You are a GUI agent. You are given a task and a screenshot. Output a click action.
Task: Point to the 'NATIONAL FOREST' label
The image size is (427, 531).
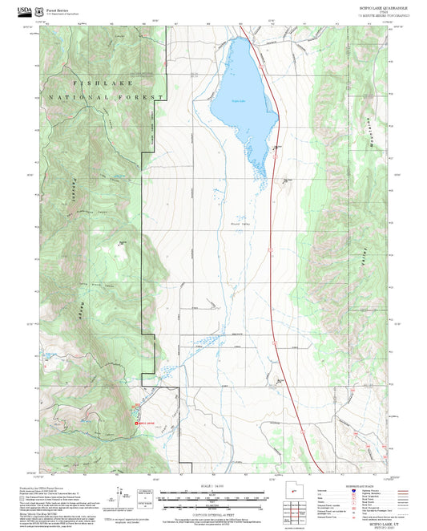[107, 96]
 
